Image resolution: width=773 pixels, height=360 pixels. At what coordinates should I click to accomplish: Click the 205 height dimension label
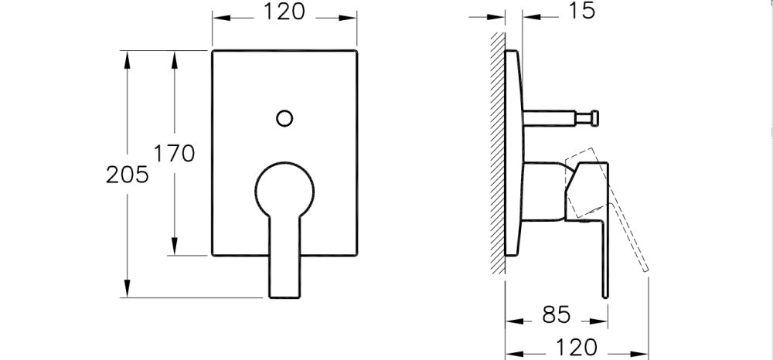127,175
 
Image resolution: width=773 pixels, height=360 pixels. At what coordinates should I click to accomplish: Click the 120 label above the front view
284,13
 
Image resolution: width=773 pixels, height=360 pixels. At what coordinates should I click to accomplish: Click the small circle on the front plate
284,118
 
